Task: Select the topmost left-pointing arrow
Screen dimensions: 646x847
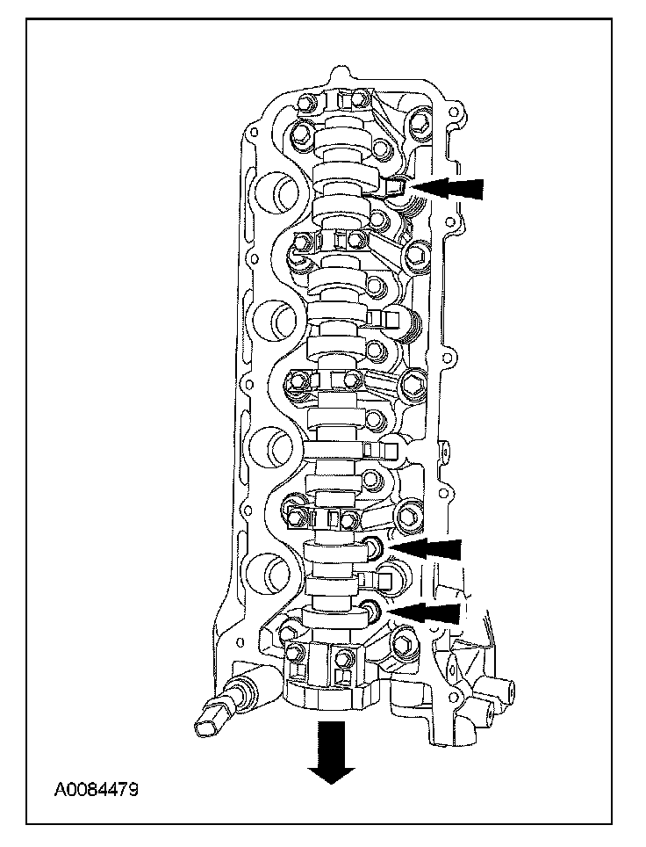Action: point(449,186)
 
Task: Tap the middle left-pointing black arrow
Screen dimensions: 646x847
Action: point(426,548)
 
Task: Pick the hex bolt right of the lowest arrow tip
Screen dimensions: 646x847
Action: point(406,648)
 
